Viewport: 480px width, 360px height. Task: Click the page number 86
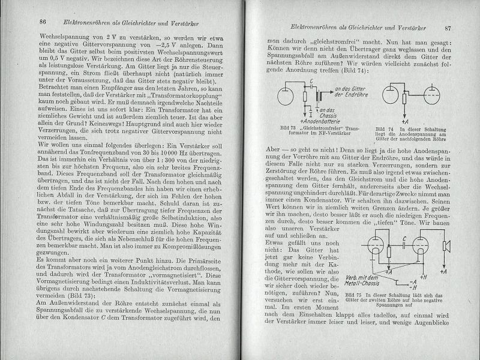[43, 22]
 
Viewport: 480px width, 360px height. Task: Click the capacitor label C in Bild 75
[389, 238]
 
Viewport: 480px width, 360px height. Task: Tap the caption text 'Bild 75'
[355, 296]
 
